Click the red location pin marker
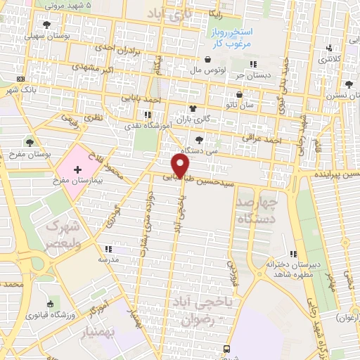tap(181, 165)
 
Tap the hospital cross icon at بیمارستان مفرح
tap(77, 171)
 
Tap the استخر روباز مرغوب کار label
tap(229, 37)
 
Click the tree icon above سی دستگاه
tap(200, 139)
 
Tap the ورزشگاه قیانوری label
tap(50, 314)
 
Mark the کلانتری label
tap(332, 58)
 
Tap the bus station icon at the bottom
tap(227, 347)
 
